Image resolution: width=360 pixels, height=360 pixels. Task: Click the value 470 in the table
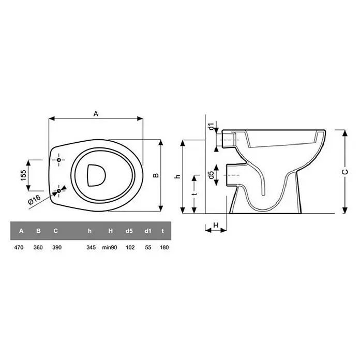click(x=19, y=247)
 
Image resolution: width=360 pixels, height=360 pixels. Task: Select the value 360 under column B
click(x=38, y=247)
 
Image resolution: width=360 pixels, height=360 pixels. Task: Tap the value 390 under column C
click(x=57, y=247)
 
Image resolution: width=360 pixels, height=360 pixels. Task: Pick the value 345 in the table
click(x=91, y=247)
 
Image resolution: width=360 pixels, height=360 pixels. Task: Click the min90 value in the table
click(x=110, y=247)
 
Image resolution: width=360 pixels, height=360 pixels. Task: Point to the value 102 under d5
click(x=130, y=247)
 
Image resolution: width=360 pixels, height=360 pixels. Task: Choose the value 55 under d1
click(x=148, y=247)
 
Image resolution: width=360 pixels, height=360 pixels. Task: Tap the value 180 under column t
click(x=164, y=247)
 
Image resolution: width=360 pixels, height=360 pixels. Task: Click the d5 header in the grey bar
click(x=129, y=231)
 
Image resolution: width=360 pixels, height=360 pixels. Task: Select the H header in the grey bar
click(x=111, y=231)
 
